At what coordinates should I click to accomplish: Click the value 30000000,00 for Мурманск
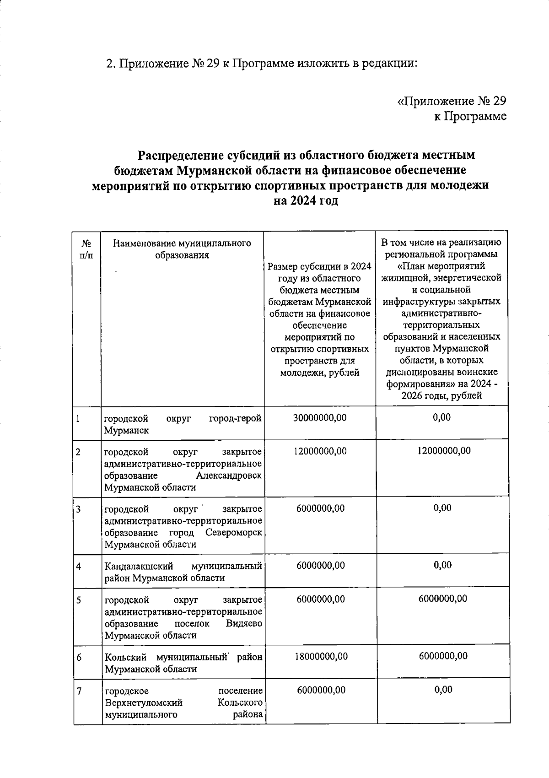320,417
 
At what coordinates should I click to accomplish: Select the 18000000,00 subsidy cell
321,656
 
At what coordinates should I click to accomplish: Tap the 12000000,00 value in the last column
443,451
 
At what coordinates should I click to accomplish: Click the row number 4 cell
79,566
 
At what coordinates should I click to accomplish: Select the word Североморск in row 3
234,533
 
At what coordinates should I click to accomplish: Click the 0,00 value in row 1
441,417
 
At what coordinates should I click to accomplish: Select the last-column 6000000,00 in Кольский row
443,656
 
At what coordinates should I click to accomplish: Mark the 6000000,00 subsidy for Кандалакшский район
320,566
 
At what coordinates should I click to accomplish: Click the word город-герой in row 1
235,418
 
